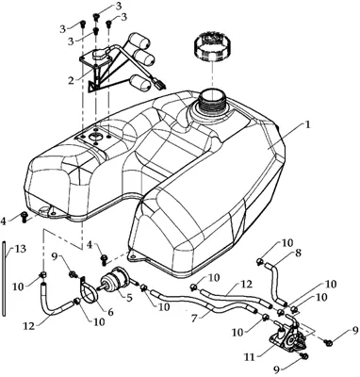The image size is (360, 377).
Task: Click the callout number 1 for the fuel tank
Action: [x=307, y=124]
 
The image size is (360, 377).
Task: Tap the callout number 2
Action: [x=72, y=80]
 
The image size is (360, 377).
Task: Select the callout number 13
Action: [x=21, y=249]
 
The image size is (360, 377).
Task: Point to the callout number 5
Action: [x=129, y=297]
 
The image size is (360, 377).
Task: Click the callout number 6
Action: [x=110, y=313]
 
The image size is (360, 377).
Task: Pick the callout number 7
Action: [x=195, y=319]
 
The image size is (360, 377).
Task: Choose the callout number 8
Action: [x=298, y=253]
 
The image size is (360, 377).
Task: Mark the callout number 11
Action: [x=251, y=357]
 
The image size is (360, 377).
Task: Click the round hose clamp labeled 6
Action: [x=88, y=288]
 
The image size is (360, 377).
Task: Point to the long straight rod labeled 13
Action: [x=4, y=278]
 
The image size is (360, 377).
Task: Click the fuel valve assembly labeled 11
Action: [x=286, y=337]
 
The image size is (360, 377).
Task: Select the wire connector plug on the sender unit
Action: [x=159, y=83]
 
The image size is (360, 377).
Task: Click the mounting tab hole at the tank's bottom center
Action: [x=132, y=256]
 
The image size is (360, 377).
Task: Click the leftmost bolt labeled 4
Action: [x=25, y=217]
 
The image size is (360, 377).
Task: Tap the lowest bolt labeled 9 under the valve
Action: [x=304, y=356]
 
